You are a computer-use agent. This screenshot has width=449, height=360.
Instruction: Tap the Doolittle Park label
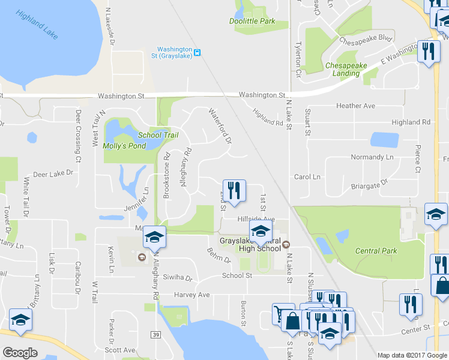click(x=252, y=21)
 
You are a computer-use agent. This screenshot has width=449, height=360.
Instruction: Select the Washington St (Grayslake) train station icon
click(x=197, y=52)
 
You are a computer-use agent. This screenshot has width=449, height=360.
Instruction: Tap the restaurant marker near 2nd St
click(x=234, y=191)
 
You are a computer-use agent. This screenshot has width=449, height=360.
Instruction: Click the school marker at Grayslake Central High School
click(x=261, y=231)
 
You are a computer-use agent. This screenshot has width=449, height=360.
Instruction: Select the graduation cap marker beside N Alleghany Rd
click(x=154, y=239)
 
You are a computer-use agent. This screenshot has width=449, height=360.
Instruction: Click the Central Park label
click(x=376, y=251)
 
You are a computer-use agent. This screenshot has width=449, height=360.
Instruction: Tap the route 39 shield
click(x=156, y=334)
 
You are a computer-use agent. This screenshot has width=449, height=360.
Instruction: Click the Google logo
click(x=20, y=353)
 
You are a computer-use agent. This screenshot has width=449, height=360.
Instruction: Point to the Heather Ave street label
click(x=355, y=106)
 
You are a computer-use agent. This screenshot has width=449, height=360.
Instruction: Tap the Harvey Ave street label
click(x=192, y=295)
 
